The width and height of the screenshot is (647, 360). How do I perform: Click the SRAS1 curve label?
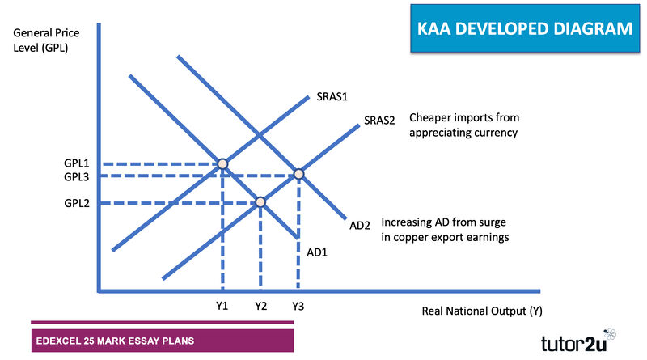[x=332, y=96]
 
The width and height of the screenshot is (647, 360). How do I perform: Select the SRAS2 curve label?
[x=379, y=121]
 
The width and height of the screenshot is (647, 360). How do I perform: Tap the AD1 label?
[x=317, y=252]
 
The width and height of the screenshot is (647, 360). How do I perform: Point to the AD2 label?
[x=360, y=226]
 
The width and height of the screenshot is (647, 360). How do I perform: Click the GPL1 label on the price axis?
[x=76, y=163]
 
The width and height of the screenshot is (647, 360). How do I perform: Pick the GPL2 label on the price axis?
[x=77, y=203]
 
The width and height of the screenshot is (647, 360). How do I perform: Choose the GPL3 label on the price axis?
[x=76, y=176]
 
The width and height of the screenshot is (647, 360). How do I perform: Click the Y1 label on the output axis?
[x=222, y=306]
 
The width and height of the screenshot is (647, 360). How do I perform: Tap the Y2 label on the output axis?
[x=260, y=306]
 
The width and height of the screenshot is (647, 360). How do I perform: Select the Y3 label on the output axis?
[x=298, y=306]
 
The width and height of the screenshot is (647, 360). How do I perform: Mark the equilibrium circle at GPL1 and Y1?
[x=223, y=164]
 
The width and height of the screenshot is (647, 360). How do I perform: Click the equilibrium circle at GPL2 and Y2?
[x=260, y=202]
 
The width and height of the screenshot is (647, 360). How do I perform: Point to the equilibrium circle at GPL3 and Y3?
[x=298, y=174]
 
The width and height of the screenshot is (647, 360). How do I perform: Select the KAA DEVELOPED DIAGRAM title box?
[x=525, y=28]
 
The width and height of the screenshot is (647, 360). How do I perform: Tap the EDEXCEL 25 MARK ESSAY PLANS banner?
[x=163, y=341]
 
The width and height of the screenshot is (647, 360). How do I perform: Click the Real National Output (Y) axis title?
[x=482, y=311]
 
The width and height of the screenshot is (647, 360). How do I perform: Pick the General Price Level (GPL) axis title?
[x=46, y=40]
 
